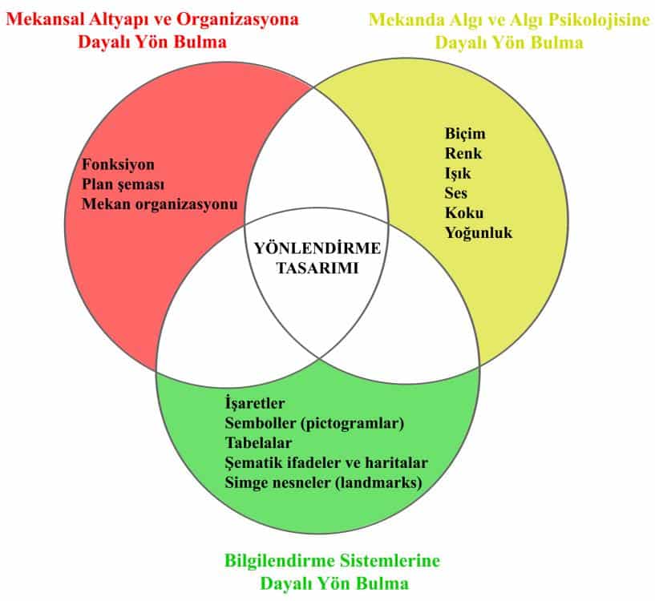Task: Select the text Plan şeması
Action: coord(123,184)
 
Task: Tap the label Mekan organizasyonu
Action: coord(160,204)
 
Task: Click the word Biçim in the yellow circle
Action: coord(465,134)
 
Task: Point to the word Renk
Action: coord(463,153)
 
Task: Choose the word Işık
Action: coord(458,173)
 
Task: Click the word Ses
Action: coord(456,193)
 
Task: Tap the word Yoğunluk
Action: coord(479,233)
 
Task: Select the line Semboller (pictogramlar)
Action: coord(314,423)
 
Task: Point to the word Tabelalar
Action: coord(258,442)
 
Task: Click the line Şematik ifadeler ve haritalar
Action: coord(327,462)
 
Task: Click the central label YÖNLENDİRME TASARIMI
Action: coord(317,257)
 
